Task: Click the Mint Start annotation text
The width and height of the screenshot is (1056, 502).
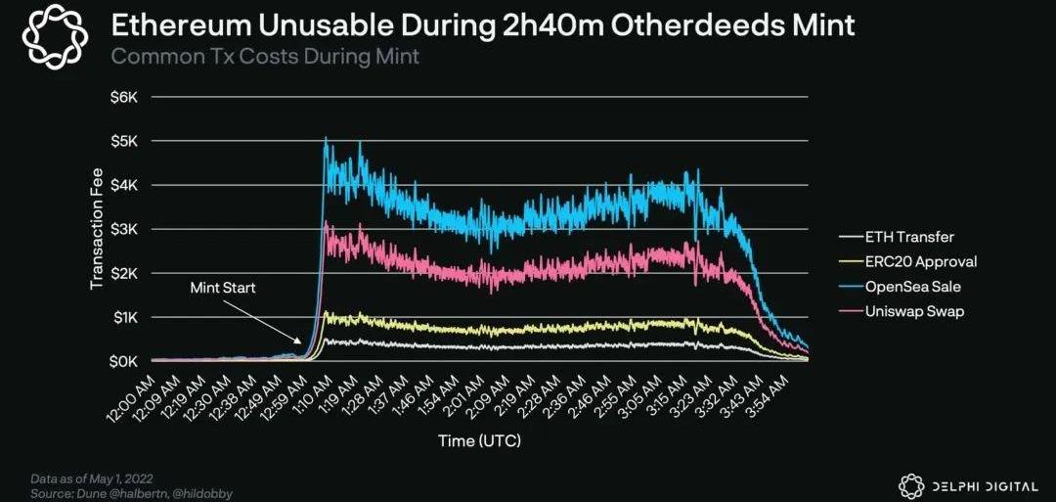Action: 224,289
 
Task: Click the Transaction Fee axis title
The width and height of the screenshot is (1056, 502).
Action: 97,229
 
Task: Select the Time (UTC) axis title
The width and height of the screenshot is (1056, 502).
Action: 479,440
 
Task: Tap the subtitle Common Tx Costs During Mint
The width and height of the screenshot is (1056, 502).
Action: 265,56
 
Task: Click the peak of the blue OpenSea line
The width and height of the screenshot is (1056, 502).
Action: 326,138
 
